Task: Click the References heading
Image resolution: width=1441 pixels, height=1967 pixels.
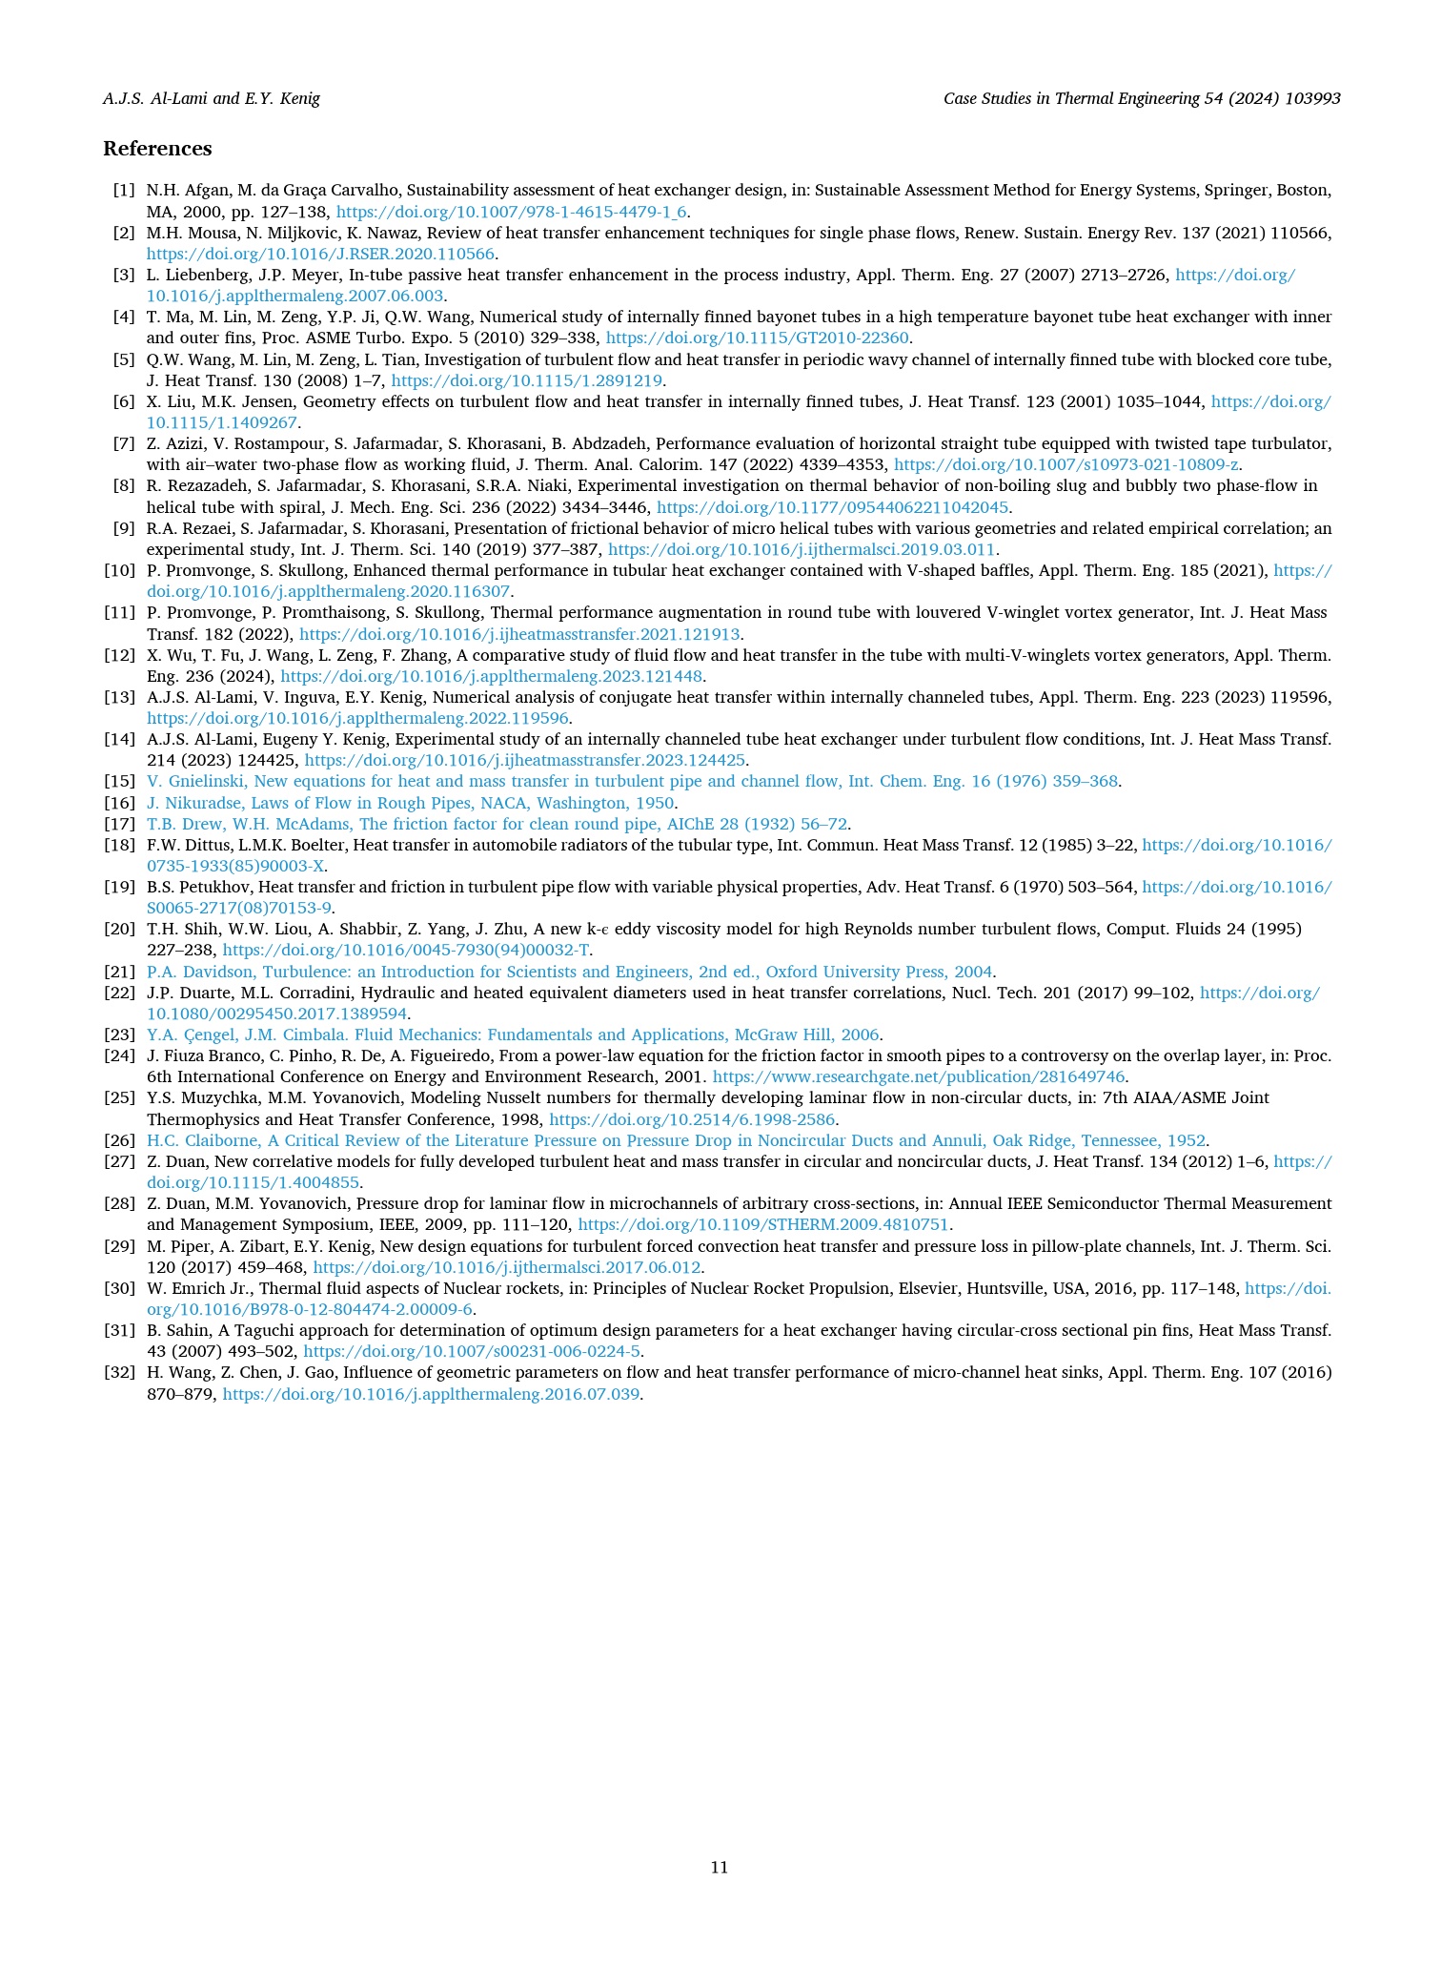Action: (x=157, y=149)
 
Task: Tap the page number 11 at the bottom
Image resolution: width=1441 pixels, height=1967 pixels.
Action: (x=720, y=1867)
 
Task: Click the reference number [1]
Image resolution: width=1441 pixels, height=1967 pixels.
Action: (x=124, y=191)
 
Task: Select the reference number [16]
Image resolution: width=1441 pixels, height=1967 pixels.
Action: (x=119, y=803)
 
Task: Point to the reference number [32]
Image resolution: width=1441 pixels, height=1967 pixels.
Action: (x=119, y=1373)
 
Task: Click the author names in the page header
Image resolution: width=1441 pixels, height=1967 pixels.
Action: (x=212, y=98)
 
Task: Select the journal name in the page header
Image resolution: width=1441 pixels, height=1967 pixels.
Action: (x=1142, y=98)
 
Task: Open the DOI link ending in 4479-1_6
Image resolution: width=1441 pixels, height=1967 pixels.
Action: (x=513, y=212)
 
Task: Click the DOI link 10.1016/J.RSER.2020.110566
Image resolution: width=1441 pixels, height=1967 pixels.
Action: (x=321, y=254)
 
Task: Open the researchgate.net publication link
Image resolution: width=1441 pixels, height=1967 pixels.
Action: (x=920, y=1076)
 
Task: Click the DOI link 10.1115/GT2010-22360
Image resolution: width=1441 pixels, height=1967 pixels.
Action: (x=759, y=338)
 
